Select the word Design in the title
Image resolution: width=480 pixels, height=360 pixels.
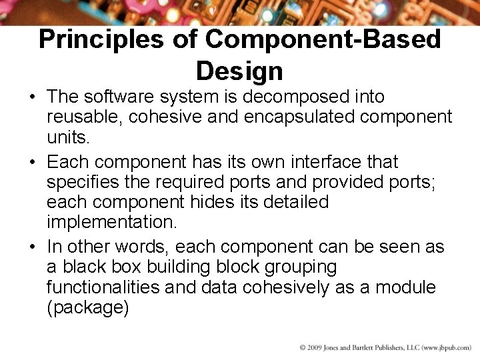[x=239, y=70]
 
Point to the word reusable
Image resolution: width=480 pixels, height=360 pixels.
[x=84, y=117]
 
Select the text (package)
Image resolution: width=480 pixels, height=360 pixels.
[x=87, y=307]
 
